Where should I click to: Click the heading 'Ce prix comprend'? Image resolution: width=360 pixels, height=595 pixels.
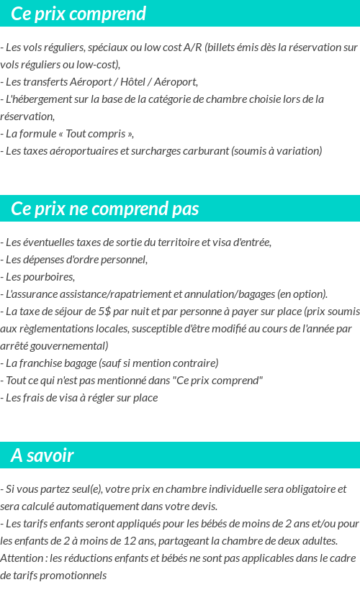pyautogui.click(x=78, y=14)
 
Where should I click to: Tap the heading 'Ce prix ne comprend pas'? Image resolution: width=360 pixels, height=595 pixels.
pyautogui.click(x=105, y=209)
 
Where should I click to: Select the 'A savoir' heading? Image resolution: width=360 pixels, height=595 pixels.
pyautogui.click(x=42, y=455)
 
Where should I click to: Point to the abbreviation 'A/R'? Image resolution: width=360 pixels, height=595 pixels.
pyautogui.click(x=192, y=47)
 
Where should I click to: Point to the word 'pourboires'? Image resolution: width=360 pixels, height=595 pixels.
pyautogui.click(x=48, y=276)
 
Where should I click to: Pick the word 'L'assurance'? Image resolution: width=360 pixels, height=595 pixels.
pyautogui.click(x=30, y=294)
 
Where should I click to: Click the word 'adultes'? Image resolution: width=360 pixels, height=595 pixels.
pyautogui.click(x=317, y=540)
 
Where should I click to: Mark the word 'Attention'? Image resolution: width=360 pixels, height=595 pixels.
pyautogui.click(x=22, y=558)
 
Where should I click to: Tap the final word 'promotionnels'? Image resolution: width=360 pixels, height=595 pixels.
pyautogui.click(x=72, y=575)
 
